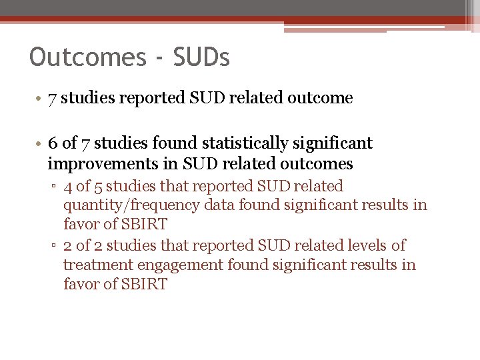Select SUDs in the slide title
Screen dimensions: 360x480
pos(201,57)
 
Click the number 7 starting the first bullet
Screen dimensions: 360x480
pos(52,98)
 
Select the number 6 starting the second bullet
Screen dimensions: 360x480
pos(53,143)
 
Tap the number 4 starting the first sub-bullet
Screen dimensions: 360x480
pos(68,187)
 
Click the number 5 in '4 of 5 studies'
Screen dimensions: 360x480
pos(99,187)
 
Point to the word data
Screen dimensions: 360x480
pos(219,206)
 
